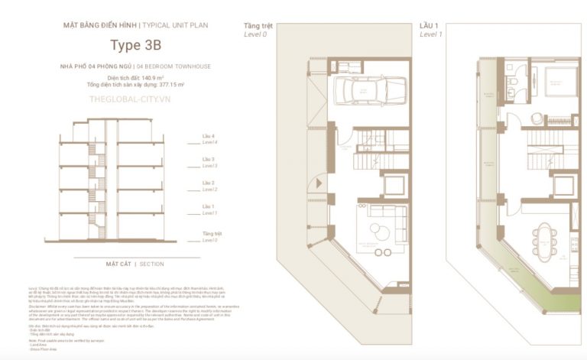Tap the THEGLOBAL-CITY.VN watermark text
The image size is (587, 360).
[x=128, y=99]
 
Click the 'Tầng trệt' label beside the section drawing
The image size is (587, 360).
[x=212, y=232]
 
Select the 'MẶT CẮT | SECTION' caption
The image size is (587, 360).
[x=135, y=264]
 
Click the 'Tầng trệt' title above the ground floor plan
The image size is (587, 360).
[x=258, y=25]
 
